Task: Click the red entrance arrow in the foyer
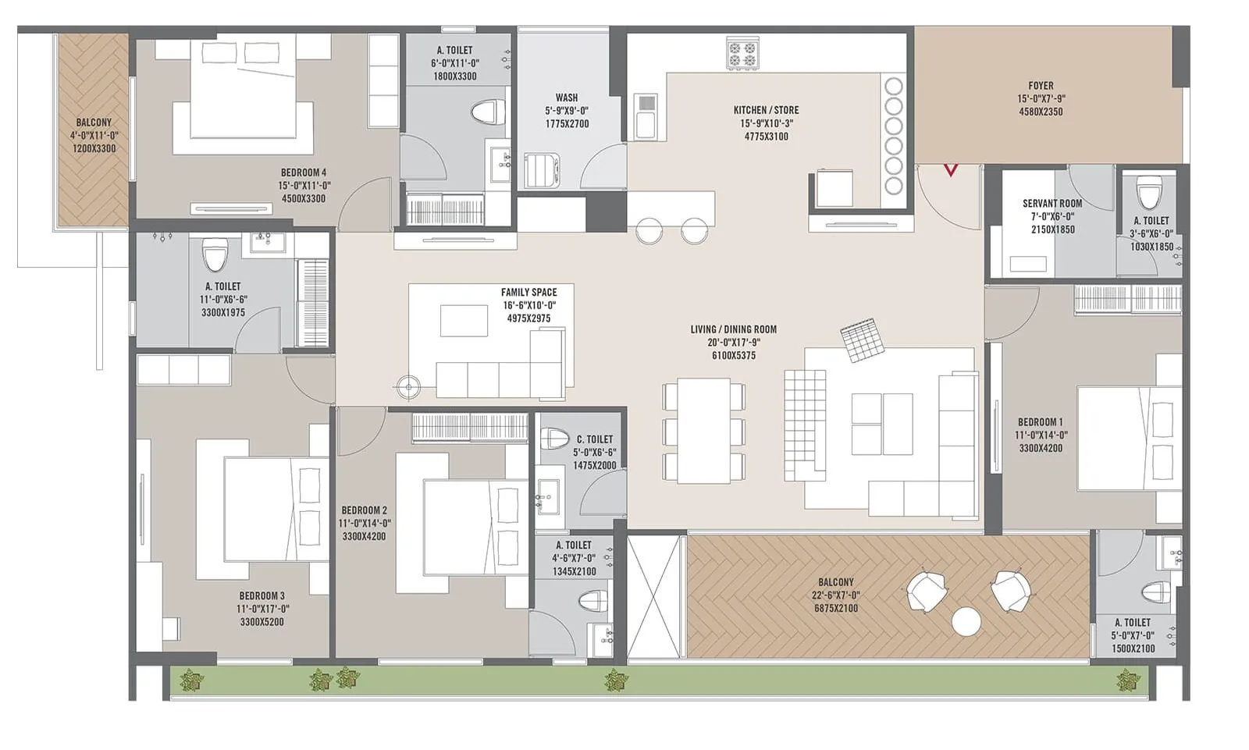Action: coord(950,169)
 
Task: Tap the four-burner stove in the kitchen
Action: coord(742,55)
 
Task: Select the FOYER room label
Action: coord(1041,86)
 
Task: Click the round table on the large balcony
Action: coord(966,621)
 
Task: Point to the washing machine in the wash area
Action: coord(542,170)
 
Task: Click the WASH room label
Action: coord(567,98)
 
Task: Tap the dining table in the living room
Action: coord(703,431)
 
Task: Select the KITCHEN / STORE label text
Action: coord(766,110)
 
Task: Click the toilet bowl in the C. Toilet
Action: coord(555,438)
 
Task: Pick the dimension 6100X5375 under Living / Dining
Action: coord(733,356)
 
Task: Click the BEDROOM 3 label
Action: coord(262,595)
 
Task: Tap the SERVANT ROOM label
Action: coord(1052,203)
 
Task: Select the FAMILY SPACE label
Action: coord(528,293)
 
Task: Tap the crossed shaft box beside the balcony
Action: coord(654,596)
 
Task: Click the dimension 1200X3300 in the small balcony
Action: coord(94,148)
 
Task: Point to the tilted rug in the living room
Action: coord(863,340)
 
